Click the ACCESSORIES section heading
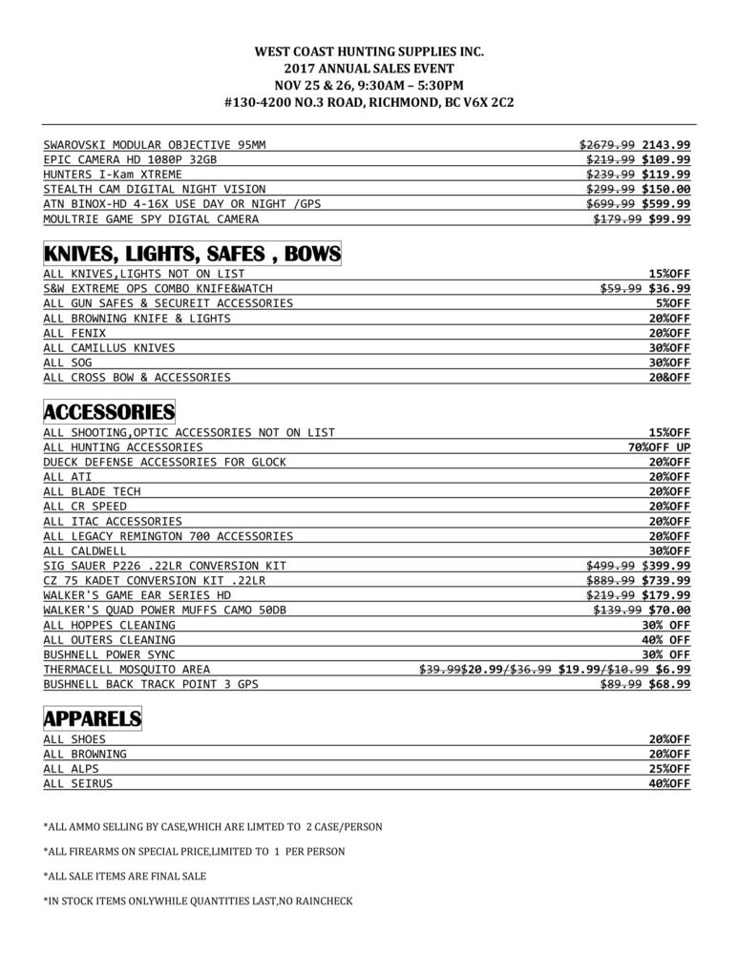tap(109, 412)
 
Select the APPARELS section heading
tap(93, 718)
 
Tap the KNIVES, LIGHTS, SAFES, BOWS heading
tap(192, 254)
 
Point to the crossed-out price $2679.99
tap(607, 144)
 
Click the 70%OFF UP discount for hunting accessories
tap(659, 446)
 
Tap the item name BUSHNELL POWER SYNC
tap(110, 654)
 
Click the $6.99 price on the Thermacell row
tap(673, 669)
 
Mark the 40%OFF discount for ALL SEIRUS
tap(669, 784)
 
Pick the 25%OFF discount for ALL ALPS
tap(669, 769)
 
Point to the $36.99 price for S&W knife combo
tap(669, 288)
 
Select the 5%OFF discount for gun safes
tap(673, 303)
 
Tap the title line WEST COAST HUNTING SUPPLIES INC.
tap(369, 52)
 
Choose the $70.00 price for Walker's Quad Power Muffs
tap(669, 610)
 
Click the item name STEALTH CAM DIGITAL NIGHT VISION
tap(155, 189)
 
